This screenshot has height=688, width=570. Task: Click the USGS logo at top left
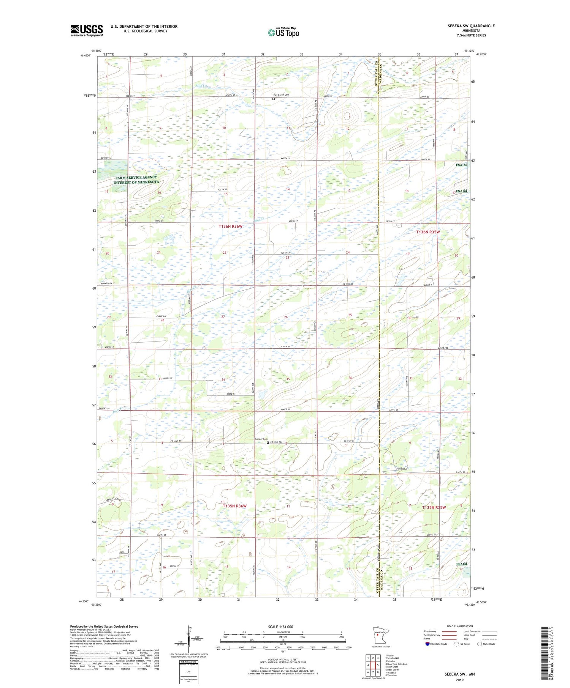tap(87, 30)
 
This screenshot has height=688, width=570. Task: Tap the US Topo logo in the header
tap(283, 33)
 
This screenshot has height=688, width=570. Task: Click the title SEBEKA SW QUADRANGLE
tap(471, 26)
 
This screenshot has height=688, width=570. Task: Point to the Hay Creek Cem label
tap(282, 95)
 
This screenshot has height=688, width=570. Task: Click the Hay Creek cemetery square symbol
tap(273, 99)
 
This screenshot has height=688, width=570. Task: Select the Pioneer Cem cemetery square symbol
tap(268, 442)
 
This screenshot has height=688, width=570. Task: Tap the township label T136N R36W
tap(230, 226)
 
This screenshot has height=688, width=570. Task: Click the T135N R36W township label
tap(234, 506)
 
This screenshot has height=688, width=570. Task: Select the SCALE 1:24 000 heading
tap(280, 627)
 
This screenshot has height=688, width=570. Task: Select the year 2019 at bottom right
tap(459, 679)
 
